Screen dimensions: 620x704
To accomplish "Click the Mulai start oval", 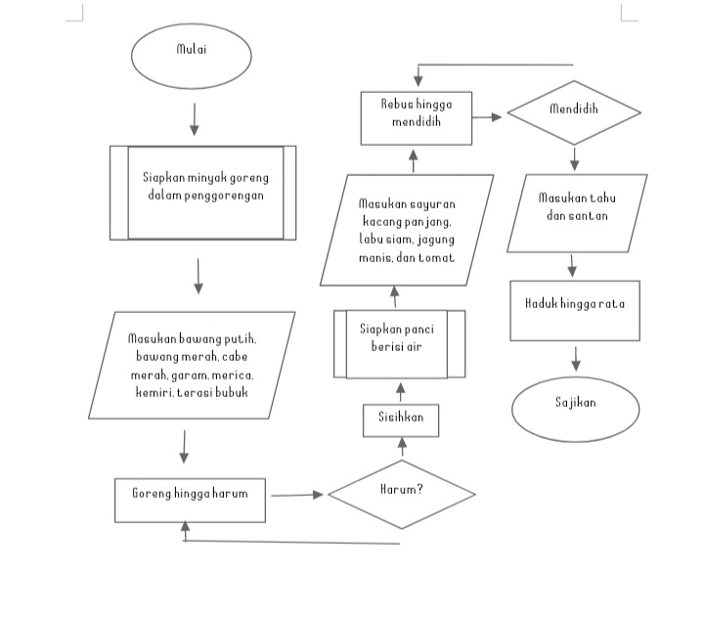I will coord(191,56).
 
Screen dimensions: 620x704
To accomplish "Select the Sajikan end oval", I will coord(575,409).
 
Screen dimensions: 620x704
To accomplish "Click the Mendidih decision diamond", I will coord(573,112).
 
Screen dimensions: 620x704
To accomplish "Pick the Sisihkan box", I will coord(401,419).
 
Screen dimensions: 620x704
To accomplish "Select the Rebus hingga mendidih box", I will coord(416,117).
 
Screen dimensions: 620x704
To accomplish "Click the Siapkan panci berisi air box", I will coord(399,343).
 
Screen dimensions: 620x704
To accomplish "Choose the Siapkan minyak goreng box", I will coord(203,193).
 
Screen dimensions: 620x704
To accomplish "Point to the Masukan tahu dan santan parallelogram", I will coord(577,212).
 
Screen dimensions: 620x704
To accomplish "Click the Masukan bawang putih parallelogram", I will coord(192,365).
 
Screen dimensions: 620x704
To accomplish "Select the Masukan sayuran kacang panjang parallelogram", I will coord(406,231).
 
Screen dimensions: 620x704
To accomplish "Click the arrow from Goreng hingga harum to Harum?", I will coord(296,495).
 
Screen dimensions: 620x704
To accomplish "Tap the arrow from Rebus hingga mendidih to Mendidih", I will coord(488,116).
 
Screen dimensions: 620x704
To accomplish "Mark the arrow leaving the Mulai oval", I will coord(194,118).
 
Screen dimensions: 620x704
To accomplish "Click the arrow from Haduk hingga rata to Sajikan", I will coord(576,358).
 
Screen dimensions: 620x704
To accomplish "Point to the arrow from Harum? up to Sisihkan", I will coord(402,448).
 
